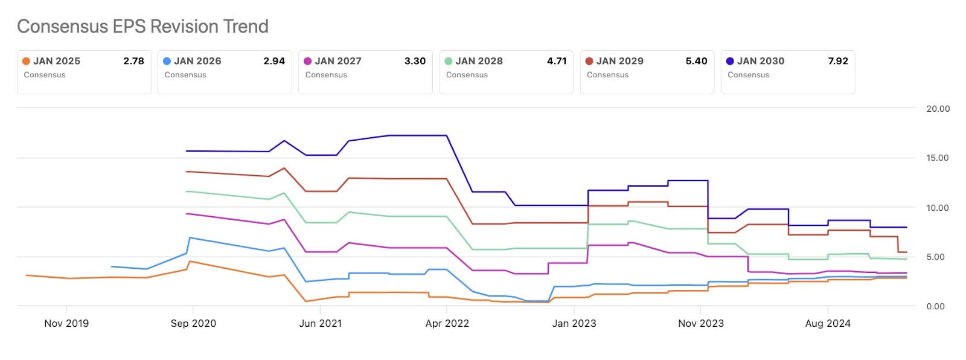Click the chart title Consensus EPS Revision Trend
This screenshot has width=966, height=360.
click(x=142, y=27)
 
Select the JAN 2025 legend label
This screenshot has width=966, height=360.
click(x=57, y=61)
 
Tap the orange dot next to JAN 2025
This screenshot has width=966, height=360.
click(x=26, y=61)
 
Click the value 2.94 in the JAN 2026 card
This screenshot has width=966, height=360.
click(x=274, y=61)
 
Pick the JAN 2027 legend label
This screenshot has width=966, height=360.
click(x=338, y=61)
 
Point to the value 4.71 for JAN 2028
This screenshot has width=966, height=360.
click(x=557, y=61)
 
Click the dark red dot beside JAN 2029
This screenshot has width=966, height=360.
click(x=589, y=61)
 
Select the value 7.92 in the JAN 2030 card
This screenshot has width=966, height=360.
click(x=838, y=61)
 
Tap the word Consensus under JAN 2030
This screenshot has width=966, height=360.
click(x=748, y=75)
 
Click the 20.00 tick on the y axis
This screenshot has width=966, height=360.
click(x=938, y=109)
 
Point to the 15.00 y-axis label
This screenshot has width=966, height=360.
click(x=938, y=158)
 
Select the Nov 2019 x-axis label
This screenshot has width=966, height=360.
click(x=66, y=323)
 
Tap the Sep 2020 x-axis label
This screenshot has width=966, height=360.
click(x=193, y=323)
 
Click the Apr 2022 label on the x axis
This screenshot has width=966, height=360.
click(x=447, y=323)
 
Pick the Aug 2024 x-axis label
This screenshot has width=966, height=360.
click(x=828, y=323)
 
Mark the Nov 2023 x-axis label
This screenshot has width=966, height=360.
click(x=701, y=323)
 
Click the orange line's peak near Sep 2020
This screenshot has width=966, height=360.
click(x=190, y=262)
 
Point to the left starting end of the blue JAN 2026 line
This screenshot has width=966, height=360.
click(x=112, y=266)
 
